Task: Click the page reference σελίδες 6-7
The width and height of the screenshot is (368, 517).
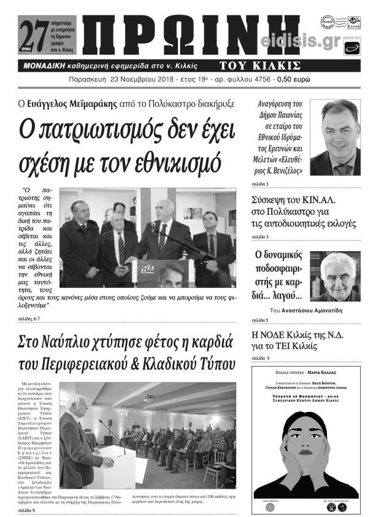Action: click(x=29, y=319)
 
